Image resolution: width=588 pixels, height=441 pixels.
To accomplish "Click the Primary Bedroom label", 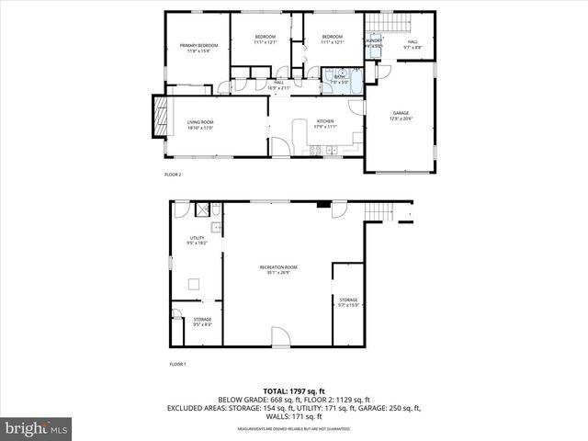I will [x=199, y=48].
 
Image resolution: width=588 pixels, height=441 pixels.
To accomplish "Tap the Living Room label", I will [x=199, y=125].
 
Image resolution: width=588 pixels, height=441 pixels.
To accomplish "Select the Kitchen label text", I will [x=325, y=123].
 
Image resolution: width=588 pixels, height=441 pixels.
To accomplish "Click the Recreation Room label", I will [x=277, y=269].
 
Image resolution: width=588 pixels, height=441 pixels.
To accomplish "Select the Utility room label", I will [x=197, y=241].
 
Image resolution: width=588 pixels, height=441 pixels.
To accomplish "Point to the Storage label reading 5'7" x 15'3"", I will [x=348, y=301].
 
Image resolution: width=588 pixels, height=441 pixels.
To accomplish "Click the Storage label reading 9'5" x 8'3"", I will [x=202, y=322].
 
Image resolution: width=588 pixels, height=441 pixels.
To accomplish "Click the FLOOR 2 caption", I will [x=173, y=175].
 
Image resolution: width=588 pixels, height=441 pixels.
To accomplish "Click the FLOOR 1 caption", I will [x=177, y=365].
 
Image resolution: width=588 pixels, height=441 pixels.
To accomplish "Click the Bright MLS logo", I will [x=37, y=428].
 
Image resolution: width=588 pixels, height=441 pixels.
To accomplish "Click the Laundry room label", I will [x=373, y=42].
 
